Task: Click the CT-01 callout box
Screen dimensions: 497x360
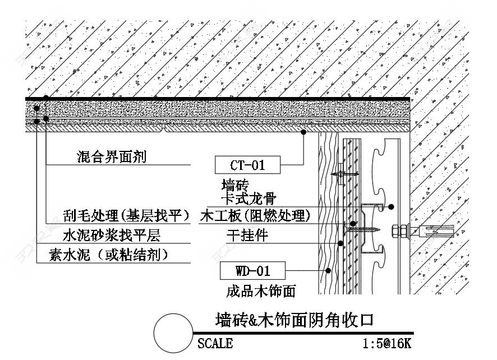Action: [x=247, y=165]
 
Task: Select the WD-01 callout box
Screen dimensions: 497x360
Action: [x=252, y=271]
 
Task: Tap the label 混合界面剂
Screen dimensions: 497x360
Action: [x=112, y=156]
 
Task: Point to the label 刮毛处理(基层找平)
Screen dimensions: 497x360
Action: [x=126, y=216]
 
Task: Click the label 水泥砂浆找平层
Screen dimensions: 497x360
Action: [x=112, y=235]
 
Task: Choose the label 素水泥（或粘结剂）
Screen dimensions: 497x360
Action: [x=109, y=255]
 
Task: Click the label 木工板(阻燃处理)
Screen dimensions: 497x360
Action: [x=255, y=216]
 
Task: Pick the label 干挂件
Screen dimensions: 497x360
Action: [x=247, y=235]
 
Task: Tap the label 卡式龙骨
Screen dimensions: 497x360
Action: [x=249, y=199]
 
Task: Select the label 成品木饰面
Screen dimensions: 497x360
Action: [x=261, y=291]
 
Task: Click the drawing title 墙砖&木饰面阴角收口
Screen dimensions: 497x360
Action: [x=294, y=320]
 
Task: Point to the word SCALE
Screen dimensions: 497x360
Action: [x=215, y=344]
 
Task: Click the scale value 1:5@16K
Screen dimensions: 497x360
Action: [x=387, y=344]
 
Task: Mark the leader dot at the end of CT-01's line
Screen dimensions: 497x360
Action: [x=303, y=132]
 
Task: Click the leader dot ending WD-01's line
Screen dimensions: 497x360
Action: [x=328, y=271]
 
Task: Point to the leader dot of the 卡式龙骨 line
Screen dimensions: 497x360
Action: [x=392, y=206]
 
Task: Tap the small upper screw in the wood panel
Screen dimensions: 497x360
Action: [x=344, y=174]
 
